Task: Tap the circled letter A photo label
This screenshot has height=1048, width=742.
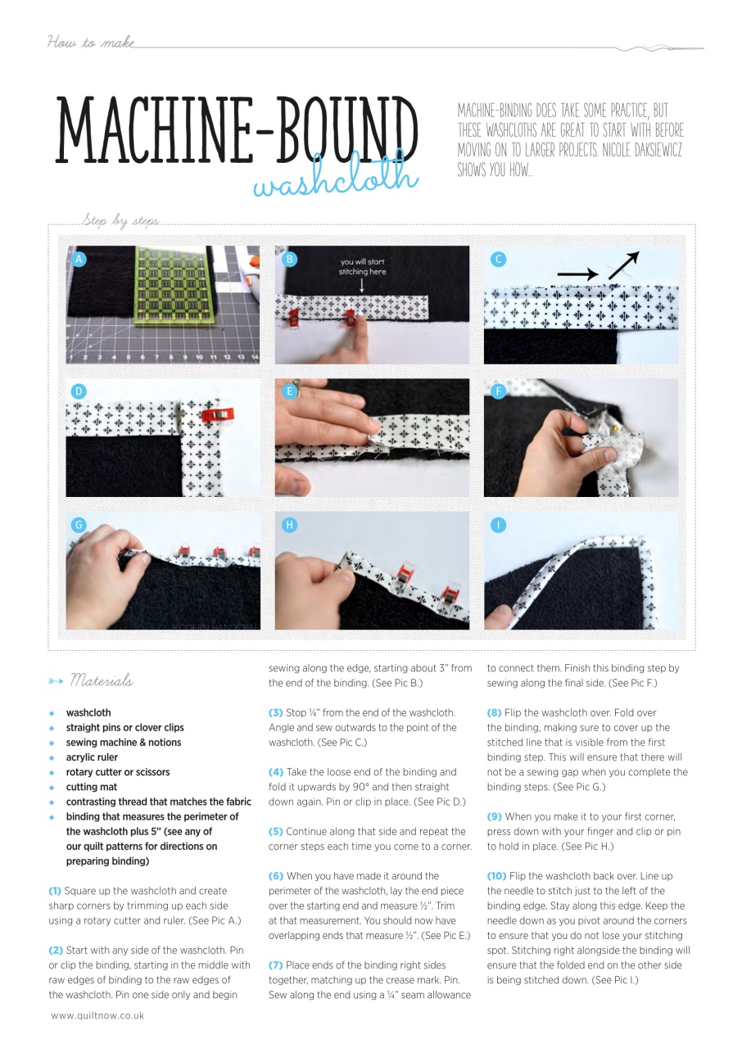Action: coord(79,259)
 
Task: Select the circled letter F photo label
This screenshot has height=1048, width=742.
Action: coord(498,391)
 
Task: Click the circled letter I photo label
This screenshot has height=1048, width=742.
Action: coord(498,525)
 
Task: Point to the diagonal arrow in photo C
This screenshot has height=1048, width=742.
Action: coord(622,267)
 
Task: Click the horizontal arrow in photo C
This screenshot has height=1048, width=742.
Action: coord(579,274)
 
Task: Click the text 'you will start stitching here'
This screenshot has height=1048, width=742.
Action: coord(362,267)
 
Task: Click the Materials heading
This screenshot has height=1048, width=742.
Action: coord(102,680)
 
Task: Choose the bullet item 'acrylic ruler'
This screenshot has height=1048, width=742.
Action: coord(92,757)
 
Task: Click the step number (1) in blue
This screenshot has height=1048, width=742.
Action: coord(55,891)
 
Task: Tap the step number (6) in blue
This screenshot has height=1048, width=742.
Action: coord(276,876)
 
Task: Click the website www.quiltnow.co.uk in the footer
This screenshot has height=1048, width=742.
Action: coord(97,1015)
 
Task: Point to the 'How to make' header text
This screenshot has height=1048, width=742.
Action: coord(90,42)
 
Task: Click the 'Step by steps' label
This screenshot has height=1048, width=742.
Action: coord(120,221)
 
